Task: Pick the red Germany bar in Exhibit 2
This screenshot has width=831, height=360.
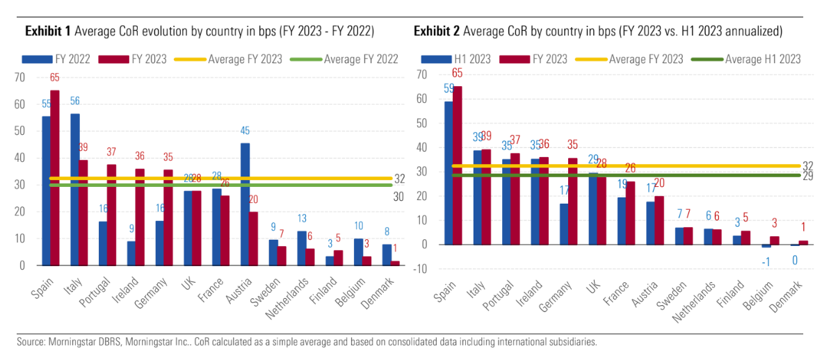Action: point(572,201)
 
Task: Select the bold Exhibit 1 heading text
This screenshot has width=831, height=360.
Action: point(48,31)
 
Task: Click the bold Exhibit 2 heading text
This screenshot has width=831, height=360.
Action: point(437,31)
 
